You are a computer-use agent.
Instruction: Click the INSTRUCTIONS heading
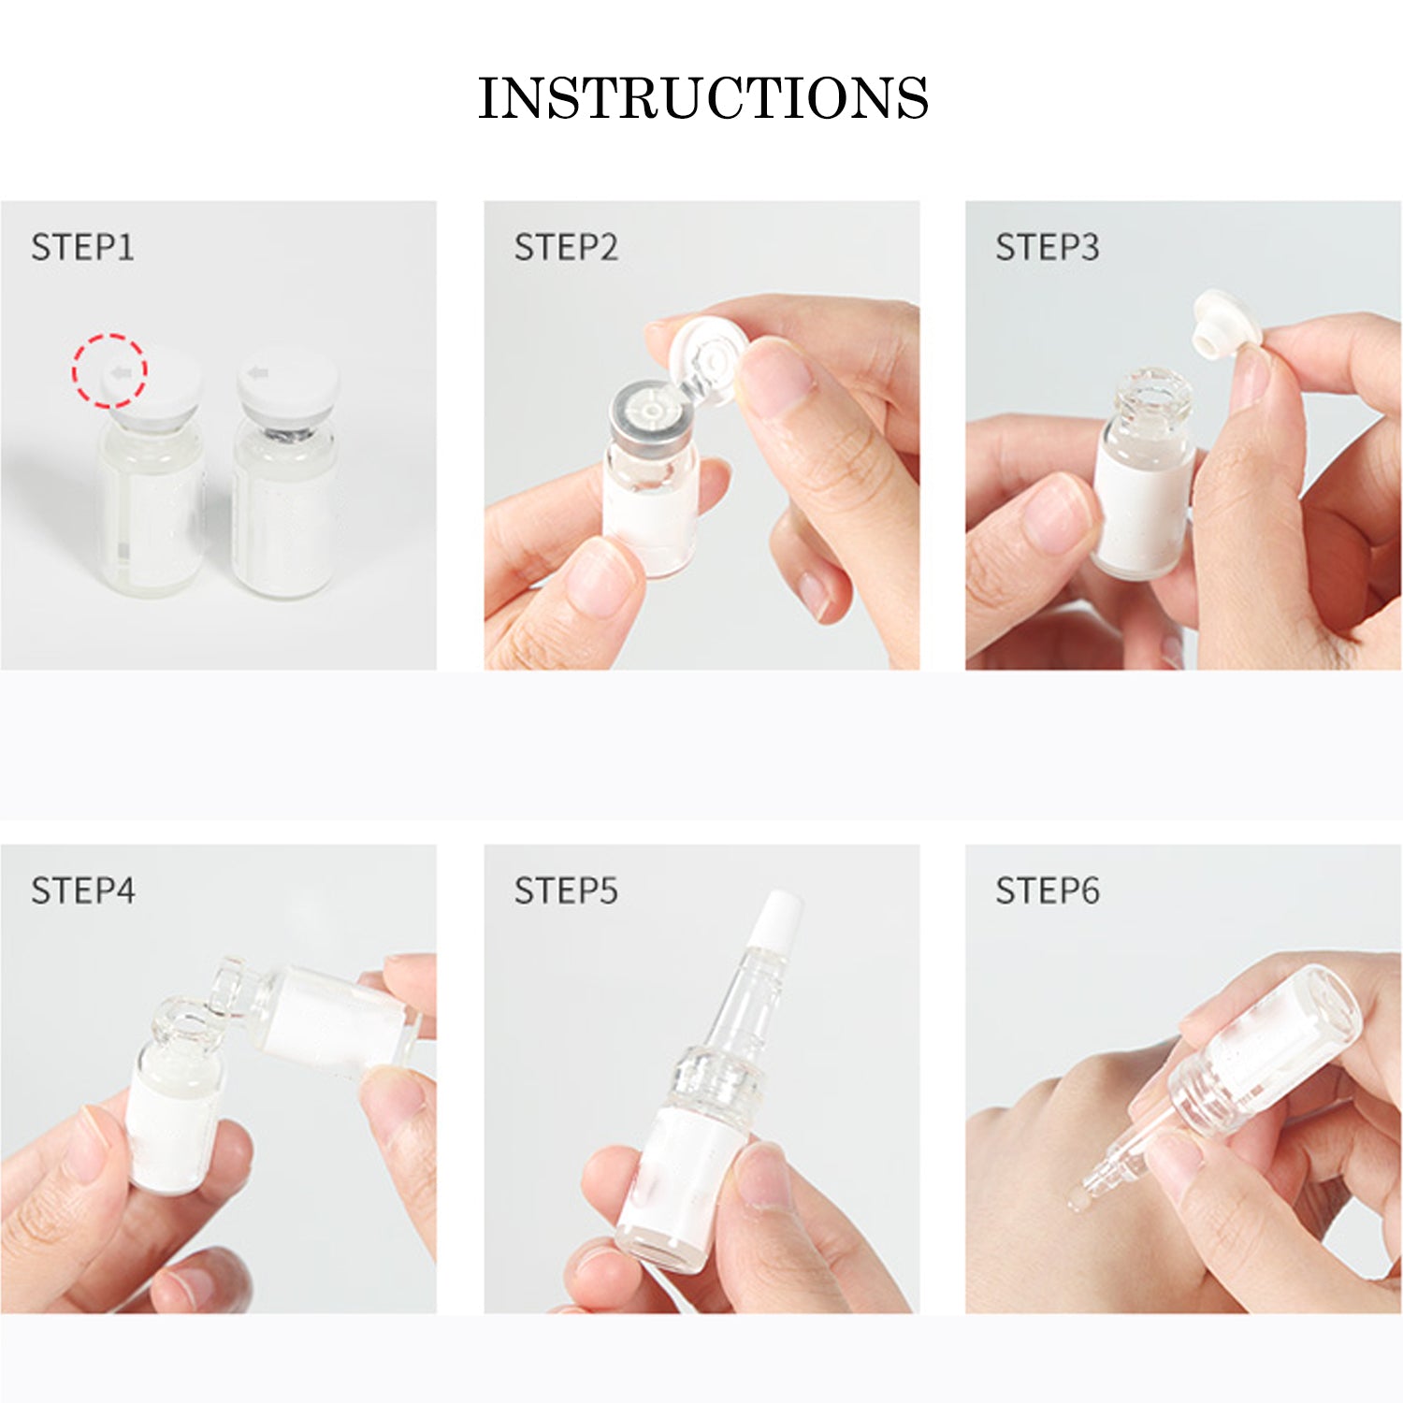click(702, 98)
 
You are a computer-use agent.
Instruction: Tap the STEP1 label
click(82, 248)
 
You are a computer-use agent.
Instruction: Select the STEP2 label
click(566, 248)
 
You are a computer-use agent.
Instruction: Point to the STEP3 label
click(1048, 248)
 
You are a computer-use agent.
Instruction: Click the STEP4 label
click(82, 890)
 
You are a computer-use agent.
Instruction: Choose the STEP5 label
click(566, 890)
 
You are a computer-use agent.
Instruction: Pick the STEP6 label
click(1048, 890)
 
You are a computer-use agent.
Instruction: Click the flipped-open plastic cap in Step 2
click(708, 361)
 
